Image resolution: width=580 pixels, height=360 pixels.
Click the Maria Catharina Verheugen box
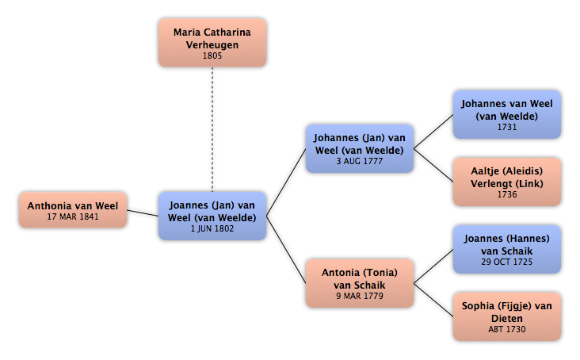212,43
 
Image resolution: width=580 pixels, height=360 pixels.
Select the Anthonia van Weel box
73,210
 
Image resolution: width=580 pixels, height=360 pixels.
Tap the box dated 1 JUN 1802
212,216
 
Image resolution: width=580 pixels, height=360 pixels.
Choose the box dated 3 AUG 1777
360,149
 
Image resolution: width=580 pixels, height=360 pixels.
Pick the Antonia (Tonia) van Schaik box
360,283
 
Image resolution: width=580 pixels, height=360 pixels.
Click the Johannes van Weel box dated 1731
507,115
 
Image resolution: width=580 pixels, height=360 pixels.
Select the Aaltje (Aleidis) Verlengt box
507,182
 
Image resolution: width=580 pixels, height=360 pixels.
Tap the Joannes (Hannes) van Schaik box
507,249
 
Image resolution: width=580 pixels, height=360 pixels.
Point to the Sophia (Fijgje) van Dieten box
507,316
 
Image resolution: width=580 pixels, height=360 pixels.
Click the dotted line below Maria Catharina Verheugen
212,129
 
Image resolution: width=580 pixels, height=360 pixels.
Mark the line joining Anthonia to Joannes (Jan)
143,213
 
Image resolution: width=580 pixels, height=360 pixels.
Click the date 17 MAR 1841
73,216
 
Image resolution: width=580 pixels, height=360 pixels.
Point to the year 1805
212,56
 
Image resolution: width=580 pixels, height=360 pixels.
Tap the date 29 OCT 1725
507,262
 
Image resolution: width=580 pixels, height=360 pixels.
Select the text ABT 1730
507,329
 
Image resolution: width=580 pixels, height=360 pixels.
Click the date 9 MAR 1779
360,296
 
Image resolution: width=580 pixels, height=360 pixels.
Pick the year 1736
507,194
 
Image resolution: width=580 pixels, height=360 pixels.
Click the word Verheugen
212,45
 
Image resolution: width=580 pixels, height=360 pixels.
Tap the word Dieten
507,319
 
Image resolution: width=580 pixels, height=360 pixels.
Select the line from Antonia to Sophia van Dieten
433,300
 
